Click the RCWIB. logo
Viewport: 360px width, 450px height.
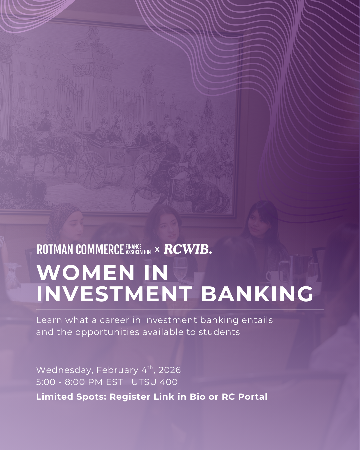click(187, 249)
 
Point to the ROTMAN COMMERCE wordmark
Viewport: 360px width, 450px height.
click(80, 249)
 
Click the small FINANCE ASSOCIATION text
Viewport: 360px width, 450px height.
click(138, 250)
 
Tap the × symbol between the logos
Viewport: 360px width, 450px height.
click(157, 249)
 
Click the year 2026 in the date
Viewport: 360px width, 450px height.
click(170, 370)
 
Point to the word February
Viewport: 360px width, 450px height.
click(117, 370)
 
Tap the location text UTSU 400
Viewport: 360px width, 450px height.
click(155, 382)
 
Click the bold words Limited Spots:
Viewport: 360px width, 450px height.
click(71, 397)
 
